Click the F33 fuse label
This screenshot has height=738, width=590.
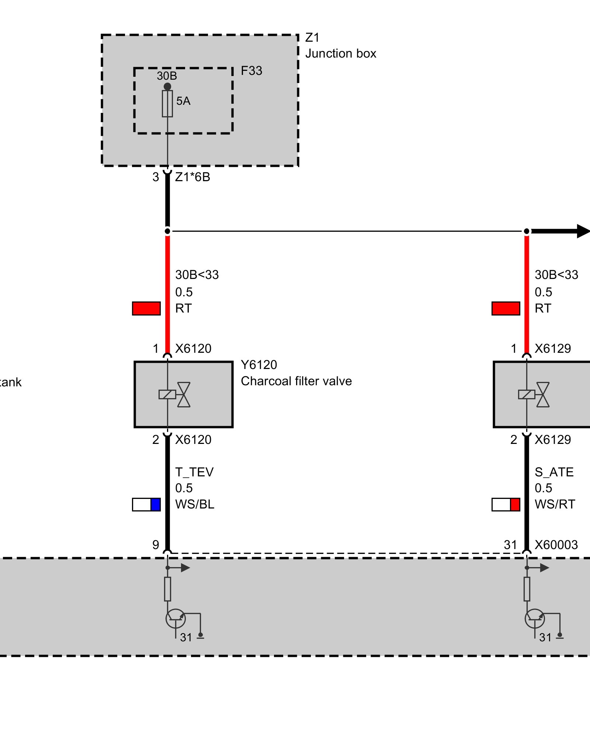coord(251,70)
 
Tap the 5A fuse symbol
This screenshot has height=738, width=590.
coord(167,104)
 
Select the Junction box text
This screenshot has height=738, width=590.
coord(340,54)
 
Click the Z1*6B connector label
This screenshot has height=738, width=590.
coord(192,177)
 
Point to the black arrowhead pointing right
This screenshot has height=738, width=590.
coord(583,231)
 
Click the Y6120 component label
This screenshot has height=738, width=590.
coord(258,365)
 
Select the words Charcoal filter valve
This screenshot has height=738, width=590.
coord(296,381)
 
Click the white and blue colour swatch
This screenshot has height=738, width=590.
coord(146,504)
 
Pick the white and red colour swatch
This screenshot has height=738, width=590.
coord(506,504)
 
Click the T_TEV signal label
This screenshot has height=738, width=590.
coord(194,472)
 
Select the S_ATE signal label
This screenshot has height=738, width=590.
coord(554,472)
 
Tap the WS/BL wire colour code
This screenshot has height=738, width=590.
coord(194,504)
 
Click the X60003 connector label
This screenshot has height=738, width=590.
coord(556,545)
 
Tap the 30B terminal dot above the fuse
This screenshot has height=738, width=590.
coord(167,87)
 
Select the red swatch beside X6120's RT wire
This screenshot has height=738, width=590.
coord(146,308)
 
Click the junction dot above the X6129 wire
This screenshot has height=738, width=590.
coord(527,231)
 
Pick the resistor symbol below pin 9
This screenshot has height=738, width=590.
coord(167,589)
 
